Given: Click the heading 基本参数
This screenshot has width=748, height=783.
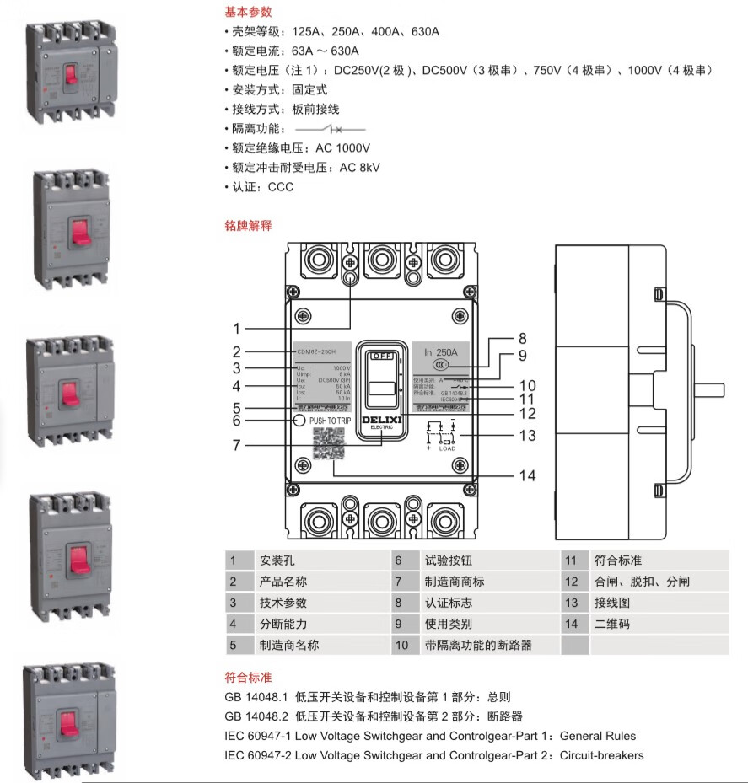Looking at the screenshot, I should pos(248,13).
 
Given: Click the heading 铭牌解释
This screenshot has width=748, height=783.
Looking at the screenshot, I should pos(248,226).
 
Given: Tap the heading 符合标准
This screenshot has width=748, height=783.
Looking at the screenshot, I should pos(248,678).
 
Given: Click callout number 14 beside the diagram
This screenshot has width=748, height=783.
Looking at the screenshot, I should pos(527,476).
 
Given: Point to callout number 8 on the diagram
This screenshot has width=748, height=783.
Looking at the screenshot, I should pos(522,338).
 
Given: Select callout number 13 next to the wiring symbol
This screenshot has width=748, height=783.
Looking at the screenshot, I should pos(527,436).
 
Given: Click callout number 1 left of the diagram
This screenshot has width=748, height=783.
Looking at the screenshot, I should pos(237,329).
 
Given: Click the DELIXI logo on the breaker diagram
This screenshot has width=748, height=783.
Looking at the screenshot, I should pos(381,420).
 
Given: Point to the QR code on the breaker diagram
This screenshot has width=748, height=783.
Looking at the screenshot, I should pos(330,443).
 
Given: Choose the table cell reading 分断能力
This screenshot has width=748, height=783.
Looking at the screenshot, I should pos(283,625).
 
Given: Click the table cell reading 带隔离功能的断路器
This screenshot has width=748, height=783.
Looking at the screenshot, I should pos(478,646).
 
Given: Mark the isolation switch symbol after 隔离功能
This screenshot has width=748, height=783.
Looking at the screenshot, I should pos(331,129).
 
